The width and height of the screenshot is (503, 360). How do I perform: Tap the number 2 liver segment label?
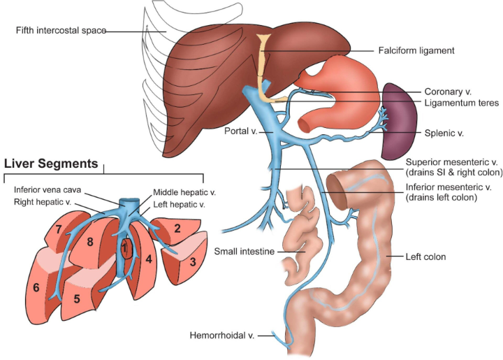(x=177, y=228)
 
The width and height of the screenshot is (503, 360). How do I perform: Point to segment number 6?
(x=34, y=288)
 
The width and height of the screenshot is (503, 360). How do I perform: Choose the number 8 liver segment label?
(x=90, y=243)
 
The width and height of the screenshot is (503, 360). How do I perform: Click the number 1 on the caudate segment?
(x=124, y=247)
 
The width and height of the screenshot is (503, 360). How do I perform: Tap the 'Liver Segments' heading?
(x=50, y=164)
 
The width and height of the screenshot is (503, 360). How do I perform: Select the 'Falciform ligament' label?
(x=417, y=50)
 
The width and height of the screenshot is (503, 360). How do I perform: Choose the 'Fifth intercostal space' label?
(x=61, y=30)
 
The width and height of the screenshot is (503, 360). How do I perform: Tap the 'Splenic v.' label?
(x=444, y=132)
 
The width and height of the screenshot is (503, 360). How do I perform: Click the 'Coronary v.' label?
(x=448, y=91)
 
